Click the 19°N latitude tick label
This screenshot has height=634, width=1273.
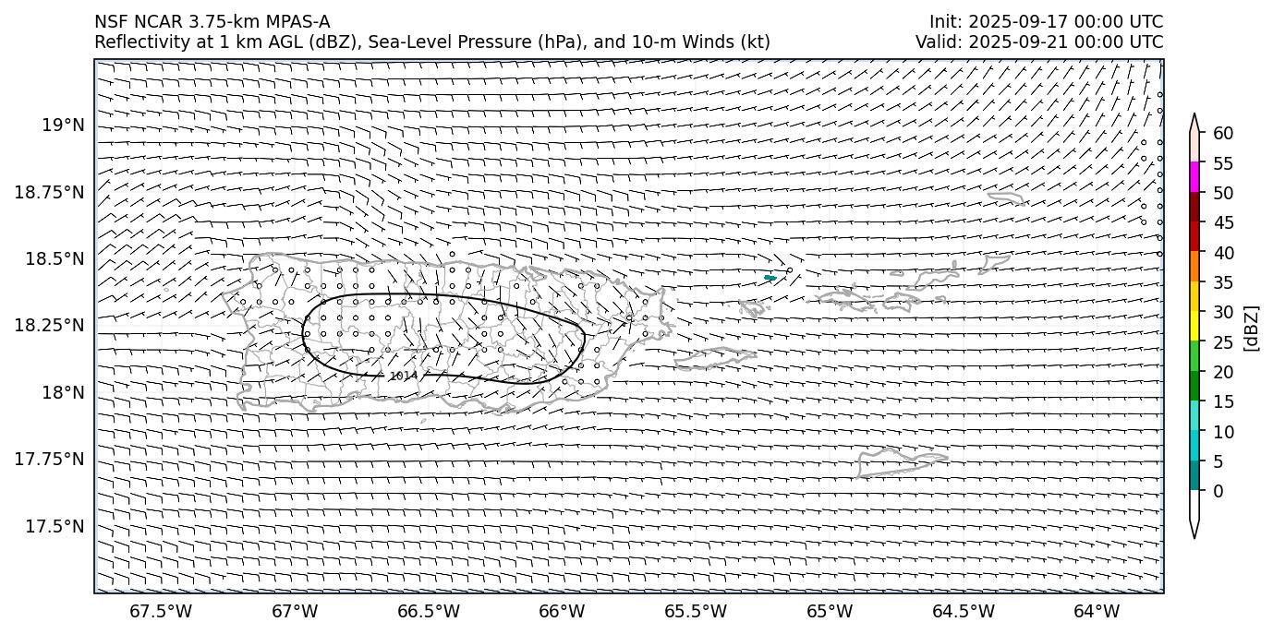[x=64, y=125]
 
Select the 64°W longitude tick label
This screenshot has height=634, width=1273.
[x=1097, y=611]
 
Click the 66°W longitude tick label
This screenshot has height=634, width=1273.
[x=562, y=611]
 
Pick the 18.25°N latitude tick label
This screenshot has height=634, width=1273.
[x=51, y=326]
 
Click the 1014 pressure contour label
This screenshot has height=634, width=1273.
[x=403, y=376]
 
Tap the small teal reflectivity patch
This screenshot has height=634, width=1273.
[x=770, y=278]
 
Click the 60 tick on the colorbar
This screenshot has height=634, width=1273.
[x=1223, y=134]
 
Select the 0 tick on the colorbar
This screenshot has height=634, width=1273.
[x=1218, y=491]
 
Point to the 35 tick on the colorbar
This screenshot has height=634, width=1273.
[x=1223, y=282]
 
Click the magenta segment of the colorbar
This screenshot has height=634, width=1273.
[x=1194, y=177]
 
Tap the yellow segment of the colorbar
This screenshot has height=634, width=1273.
[x=1194, y=326]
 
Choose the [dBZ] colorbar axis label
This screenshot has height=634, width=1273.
[x=1252, y=328]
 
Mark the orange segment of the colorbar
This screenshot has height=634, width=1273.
[x=1194, y=267]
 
